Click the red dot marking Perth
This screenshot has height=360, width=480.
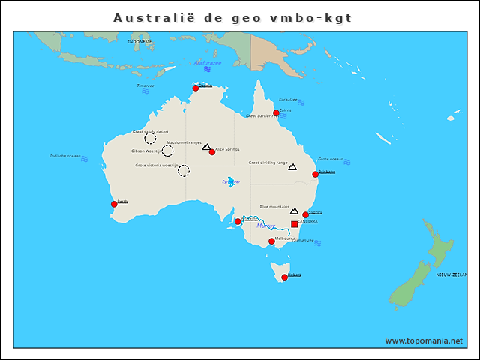(x=114, y=204)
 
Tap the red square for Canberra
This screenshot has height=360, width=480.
(x=294, y=223)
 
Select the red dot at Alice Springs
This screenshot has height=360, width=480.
(x=212, y=151)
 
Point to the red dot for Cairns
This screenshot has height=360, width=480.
(x=276, y=113)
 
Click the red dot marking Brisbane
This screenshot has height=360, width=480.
(x=315, y=174)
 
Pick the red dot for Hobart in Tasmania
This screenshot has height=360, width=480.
(x=284, y=277)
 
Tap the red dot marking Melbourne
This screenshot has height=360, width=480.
(x=271, y=241)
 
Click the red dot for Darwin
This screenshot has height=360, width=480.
(x=196, y=88)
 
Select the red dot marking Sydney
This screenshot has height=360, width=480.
(x=305, y=215)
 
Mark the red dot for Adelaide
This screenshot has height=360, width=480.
(x=238, y=221)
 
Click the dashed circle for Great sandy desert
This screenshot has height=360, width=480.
(x=150, y=138)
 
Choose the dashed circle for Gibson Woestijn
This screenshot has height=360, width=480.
(x=167, y=151)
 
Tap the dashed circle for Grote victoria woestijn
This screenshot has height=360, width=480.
(x=184, y=171)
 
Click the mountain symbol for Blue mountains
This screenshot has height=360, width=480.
(x=294, y=211)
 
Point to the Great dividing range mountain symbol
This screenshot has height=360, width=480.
(x=292, y=167)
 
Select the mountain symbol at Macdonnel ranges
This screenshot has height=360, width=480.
(x=206, y=147)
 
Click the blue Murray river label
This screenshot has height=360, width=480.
(x=265, y=226)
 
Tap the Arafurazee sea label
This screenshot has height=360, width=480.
(x=207, y=63)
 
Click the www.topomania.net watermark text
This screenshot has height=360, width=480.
(x=424, y=340)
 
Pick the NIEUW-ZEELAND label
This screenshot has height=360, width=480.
(x=454, y=275)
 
